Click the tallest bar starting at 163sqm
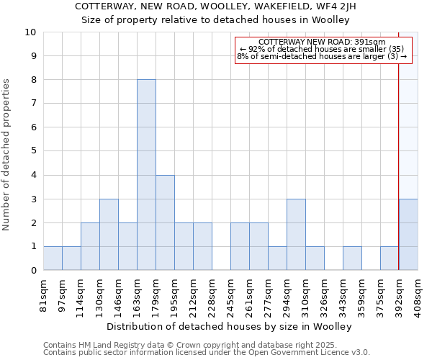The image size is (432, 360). [x=146, y=175]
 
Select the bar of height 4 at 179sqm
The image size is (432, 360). [x=165, y=222]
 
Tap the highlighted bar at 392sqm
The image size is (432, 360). [x=408, y=235]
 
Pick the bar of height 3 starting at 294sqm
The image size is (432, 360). [x=296, y=235]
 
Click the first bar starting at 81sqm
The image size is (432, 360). [x=53, y=258]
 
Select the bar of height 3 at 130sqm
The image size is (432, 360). [x=109, y=235]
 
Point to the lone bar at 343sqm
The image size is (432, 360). [x=352, y=258]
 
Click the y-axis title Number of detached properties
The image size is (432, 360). [x=6, y=156]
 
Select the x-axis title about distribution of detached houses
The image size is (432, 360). [x=233, y=327]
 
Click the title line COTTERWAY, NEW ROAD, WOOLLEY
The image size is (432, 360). [x=215, y=6]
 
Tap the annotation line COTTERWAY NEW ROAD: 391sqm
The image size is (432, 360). [x=322, y=42]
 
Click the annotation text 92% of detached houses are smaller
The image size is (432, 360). [x=322, y=49]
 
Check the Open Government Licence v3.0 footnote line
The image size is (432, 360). [x=207, y=353]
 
